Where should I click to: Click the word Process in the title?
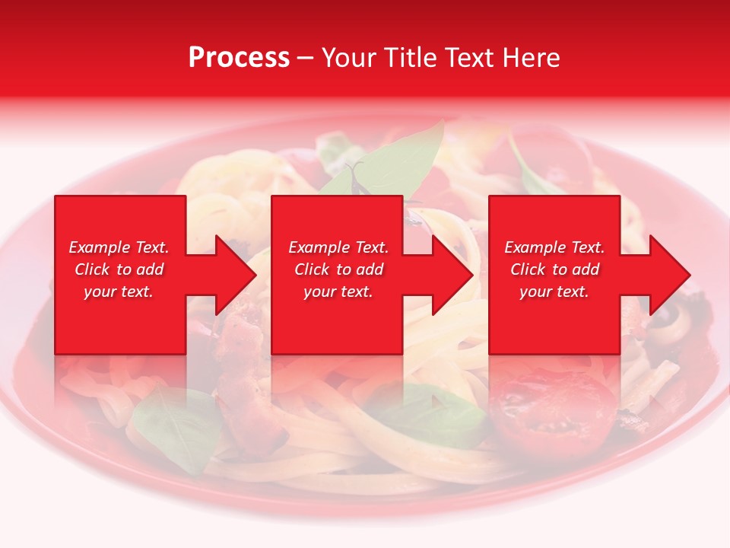tap(239, 58)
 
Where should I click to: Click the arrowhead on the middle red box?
tap(451, 275)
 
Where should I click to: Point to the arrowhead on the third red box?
tap(668, 275)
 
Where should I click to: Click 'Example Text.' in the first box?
tap(119, 247)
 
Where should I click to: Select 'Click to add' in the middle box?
tap(338, 269)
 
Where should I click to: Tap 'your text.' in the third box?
tap(554, 292)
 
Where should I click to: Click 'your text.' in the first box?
tap(119, 292)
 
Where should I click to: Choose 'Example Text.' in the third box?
tap(554, 247)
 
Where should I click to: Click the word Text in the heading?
tap(471, 58)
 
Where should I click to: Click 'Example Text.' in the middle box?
tap(338, 247)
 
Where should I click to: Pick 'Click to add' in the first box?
tap(119, 269)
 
